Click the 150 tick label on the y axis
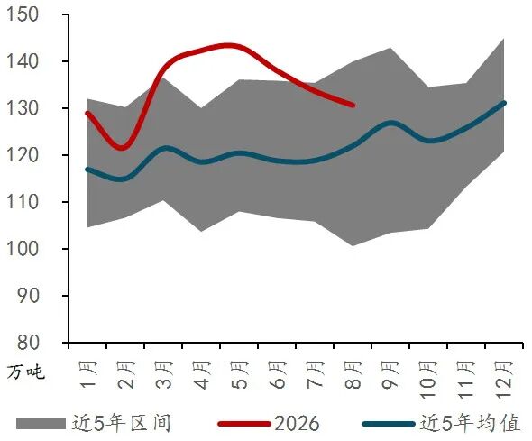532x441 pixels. tap(23, 14)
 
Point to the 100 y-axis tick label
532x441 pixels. tap(23, 249)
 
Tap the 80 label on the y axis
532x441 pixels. tap(28, 343)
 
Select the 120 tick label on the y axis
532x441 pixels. tap(23, 155)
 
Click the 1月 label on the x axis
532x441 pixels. tap(87, 375)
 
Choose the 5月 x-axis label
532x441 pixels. tap(240, 375)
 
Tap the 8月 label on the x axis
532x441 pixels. tap(353, 375)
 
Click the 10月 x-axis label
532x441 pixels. tap(429, 379)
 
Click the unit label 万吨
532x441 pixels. tap(26, 372)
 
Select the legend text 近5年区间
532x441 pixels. tap(121, 423)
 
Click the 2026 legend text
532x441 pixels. tap(297, 424)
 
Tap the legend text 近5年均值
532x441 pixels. tap(471, 423)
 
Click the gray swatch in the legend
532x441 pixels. tap(41, 424)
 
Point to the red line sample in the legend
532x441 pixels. tap(244, 424)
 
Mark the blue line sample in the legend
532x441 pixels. tap(389, 424)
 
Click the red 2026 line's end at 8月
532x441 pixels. tap(353, 106)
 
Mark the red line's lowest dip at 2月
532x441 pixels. tap(122, 148)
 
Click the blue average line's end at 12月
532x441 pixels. tap(504, 103)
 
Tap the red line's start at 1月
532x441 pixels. tap(87, 114)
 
